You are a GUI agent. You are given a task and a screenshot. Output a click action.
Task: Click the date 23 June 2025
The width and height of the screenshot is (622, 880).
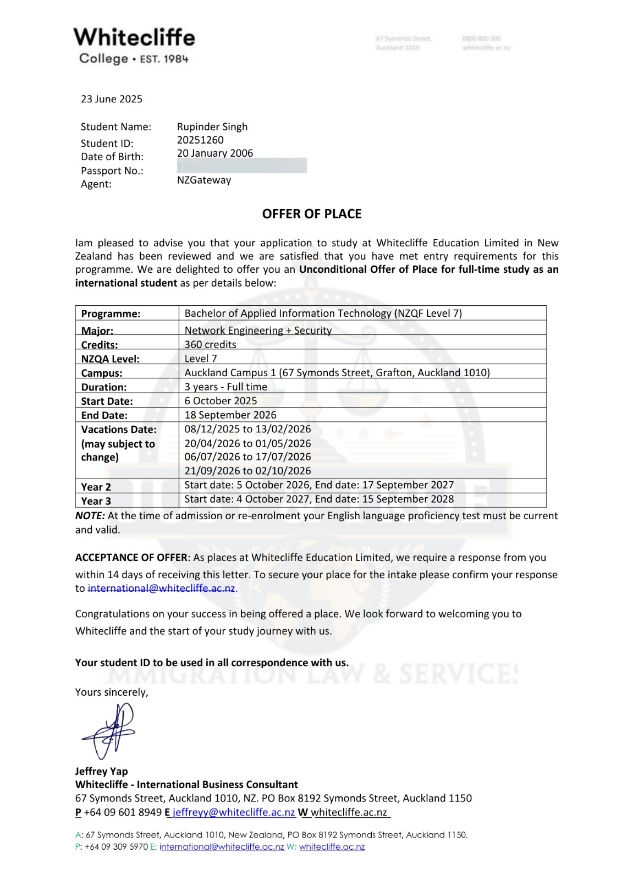[112, 99]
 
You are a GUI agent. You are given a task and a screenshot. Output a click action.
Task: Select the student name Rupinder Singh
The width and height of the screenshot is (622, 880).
[212, 127]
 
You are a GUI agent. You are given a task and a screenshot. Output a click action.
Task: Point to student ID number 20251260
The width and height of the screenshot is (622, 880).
[200, 140]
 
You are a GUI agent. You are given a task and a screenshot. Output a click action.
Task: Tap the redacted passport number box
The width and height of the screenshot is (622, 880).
[241, 166]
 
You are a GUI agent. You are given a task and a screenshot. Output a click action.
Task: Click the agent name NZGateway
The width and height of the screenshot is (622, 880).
[204, 180]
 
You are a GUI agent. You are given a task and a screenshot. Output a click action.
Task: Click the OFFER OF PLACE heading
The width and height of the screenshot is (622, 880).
[312, 214]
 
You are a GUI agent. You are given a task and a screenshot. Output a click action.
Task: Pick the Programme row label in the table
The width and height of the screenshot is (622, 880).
[111, 313]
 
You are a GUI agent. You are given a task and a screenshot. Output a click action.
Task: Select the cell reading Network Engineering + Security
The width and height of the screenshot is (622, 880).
[258, 331]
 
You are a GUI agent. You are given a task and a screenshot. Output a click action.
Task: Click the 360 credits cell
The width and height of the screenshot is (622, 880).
[210, 345]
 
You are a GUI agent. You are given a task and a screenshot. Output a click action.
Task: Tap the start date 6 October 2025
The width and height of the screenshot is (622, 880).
[221, 401]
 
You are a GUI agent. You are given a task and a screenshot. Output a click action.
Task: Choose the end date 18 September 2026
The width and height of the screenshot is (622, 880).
[230, 415]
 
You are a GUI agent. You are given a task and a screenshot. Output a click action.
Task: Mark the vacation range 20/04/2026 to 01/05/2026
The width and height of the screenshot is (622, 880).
[247, 443]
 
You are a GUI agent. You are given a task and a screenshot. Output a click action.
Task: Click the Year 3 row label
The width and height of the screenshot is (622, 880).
[96, 501]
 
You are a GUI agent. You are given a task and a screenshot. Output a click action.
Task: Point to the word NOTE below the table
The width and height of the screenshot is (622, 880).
[90, 516]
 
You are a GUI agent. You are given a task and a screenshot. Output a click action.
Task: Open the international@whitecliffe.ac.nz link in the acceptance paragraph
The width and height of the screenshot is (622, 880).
[162, 588]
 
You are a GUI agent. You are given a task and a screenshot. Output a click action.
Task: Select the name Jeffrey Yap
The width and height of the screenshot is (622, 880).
[101, 771]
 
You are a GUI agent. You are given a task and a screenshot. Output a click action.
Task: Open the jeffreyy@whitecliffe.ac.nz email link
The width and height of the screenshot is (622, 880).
[234, 812]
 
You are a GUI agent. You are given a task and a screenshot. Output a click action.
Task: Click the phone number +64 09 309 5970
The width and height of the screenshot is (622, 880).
[116, 847]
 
